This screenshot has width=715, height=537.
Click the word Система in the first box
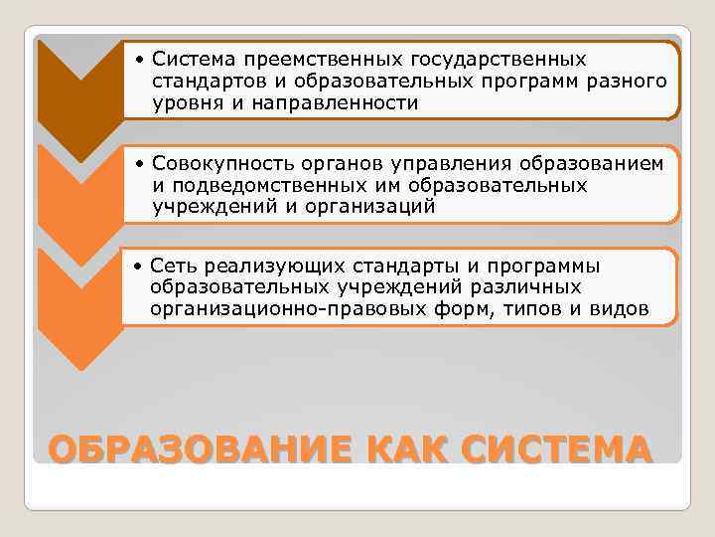coord(189,61)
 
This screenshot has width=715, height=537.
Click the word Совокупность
coord(211,165)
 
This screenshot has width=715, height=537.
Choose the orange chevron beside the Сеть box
coord(79,298)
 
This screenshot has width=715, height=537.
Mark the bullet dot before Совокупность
coord(142,165)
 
